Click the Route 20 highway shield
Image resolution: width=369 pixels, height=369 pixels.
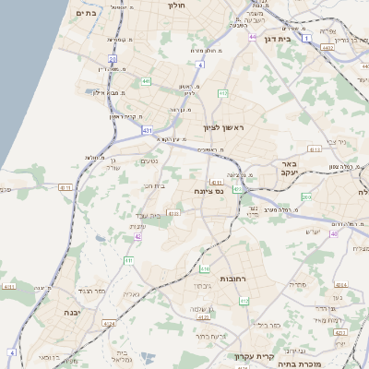(113, 58)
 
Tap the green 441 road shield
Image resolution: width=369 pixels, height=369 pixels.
(146, 82)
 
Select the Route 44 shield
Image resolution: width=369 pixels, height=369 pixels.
(252, 37)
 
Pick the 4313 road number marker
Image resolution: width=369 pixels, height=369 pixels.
(315, 149)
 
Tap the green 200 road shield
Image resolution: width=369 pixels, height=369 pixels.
(306, 196)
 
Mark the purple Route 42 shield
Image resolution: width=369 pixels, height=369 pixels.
(137, 236)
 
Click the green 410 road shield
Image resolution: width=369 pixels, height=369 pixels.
(205, 268)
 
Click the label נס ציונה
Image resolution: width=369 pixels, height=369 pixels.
(211, 191)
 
